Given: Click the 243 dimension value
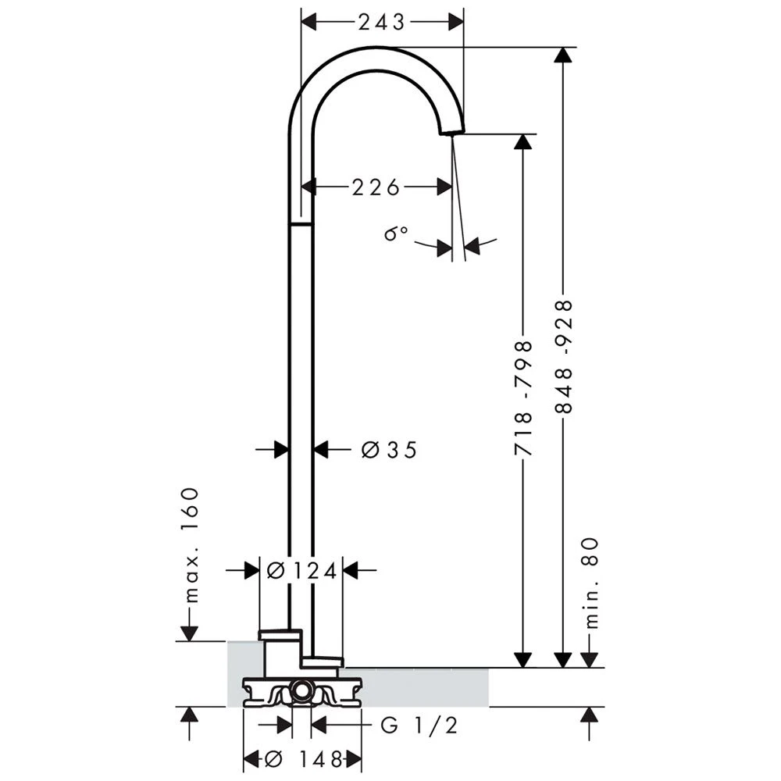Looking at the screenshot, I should point(382,22).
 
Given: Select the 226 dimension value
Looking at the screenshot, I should point(376,187).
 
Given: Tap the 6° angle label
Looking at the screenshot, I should point(396,234).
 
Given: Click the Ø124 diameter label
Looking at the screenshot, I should point(301,571).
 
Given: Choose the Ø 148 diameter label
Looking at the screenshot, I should point(304,758).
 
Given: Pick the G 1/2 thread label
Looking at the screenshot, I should point(419,726).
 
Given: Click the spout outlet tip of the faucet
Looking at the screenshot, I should point(451,131).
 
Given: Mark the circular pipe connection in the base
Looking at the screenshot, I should point(301,689).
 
